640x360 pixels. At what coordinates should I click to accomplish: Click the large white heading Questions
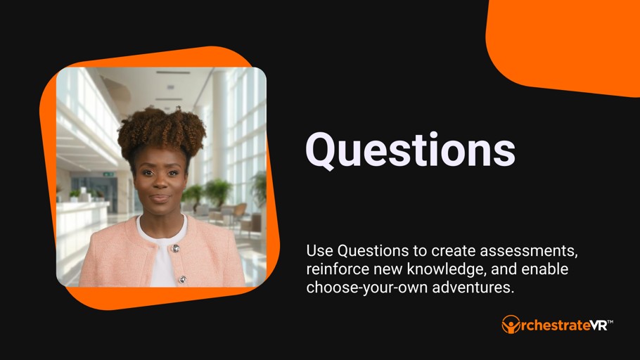pos(410,150)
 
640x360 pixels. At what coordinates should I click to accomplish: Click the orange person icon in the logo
pos(511,324)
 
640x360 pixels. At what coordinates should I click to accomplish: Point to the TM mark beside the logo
pos(610,322)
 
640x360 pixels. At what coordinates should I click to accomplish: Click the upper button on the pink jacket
pos(175,248)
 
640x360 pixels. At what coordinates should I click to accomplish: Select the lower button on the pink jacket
pos(182,279)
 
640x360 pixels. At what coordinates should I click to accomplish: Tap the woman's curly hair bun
pos(162,129)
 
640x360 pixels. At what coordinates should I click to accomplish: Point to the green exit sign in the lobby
pos(108,174)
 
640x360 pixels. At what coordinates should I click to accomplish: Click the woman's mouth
pos(160,198)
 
